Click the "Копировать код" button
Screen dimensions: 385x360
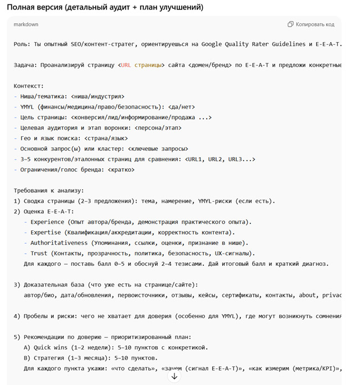point(311,24)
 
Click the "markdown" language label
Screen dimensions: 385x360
point(26,24)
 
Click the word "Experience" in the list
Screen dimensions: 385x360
point(48,222)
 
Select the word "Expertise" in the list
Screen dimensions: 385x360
point(46,232)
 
